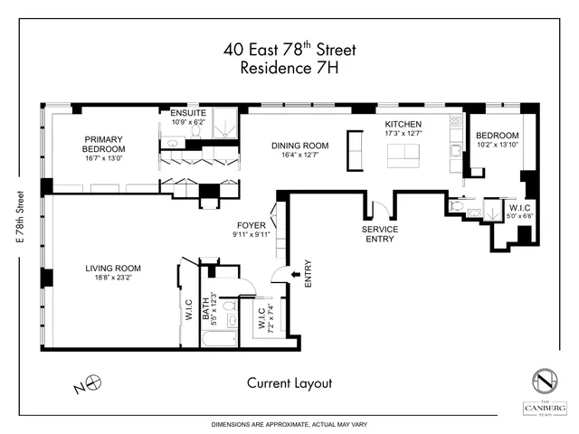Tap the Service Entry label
click(x=380, y=235)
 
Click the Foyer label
click(x=251, y=225)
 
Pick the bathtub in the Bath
click(x=221, y=342)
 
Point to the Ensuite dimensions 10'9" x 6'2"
click(x=188, y=121)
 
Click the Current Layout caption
click(x=289, y=382)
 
